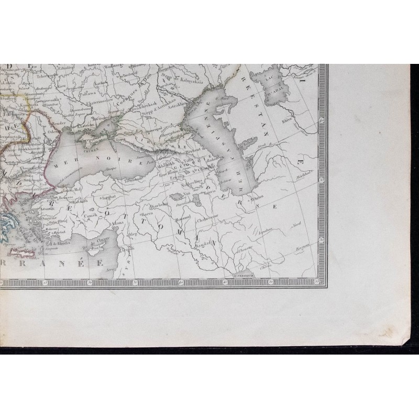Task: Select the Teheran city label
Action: point(256,201)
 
